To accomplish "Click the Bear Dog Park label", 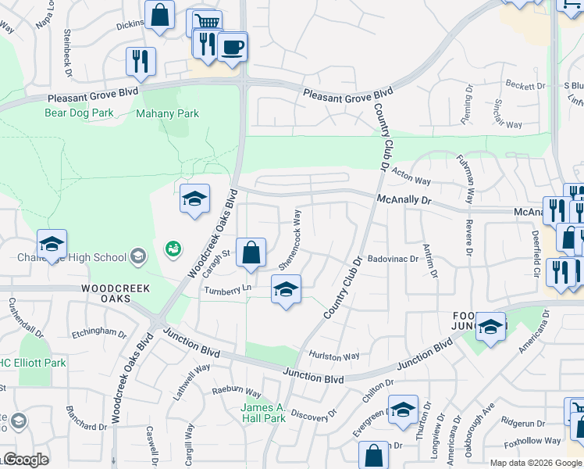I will pos(79,113).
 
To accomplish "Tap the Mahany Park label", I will pos(167,113).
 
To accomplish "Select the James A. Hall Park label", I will pos(262,413).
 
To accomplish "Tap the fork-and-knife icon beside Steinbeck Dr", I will pos(141,62).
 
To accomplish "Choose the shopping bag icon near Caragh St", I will pos(251,254).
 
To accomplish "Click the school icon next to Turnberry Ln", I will pos(286,290).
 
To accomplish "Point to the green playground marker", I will pos(173,249).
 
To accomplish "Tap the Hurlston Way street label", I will pos(333,356).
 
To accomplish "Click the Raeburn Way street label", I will pos(237,392).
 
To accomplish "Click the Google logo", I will pos(25,460).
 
